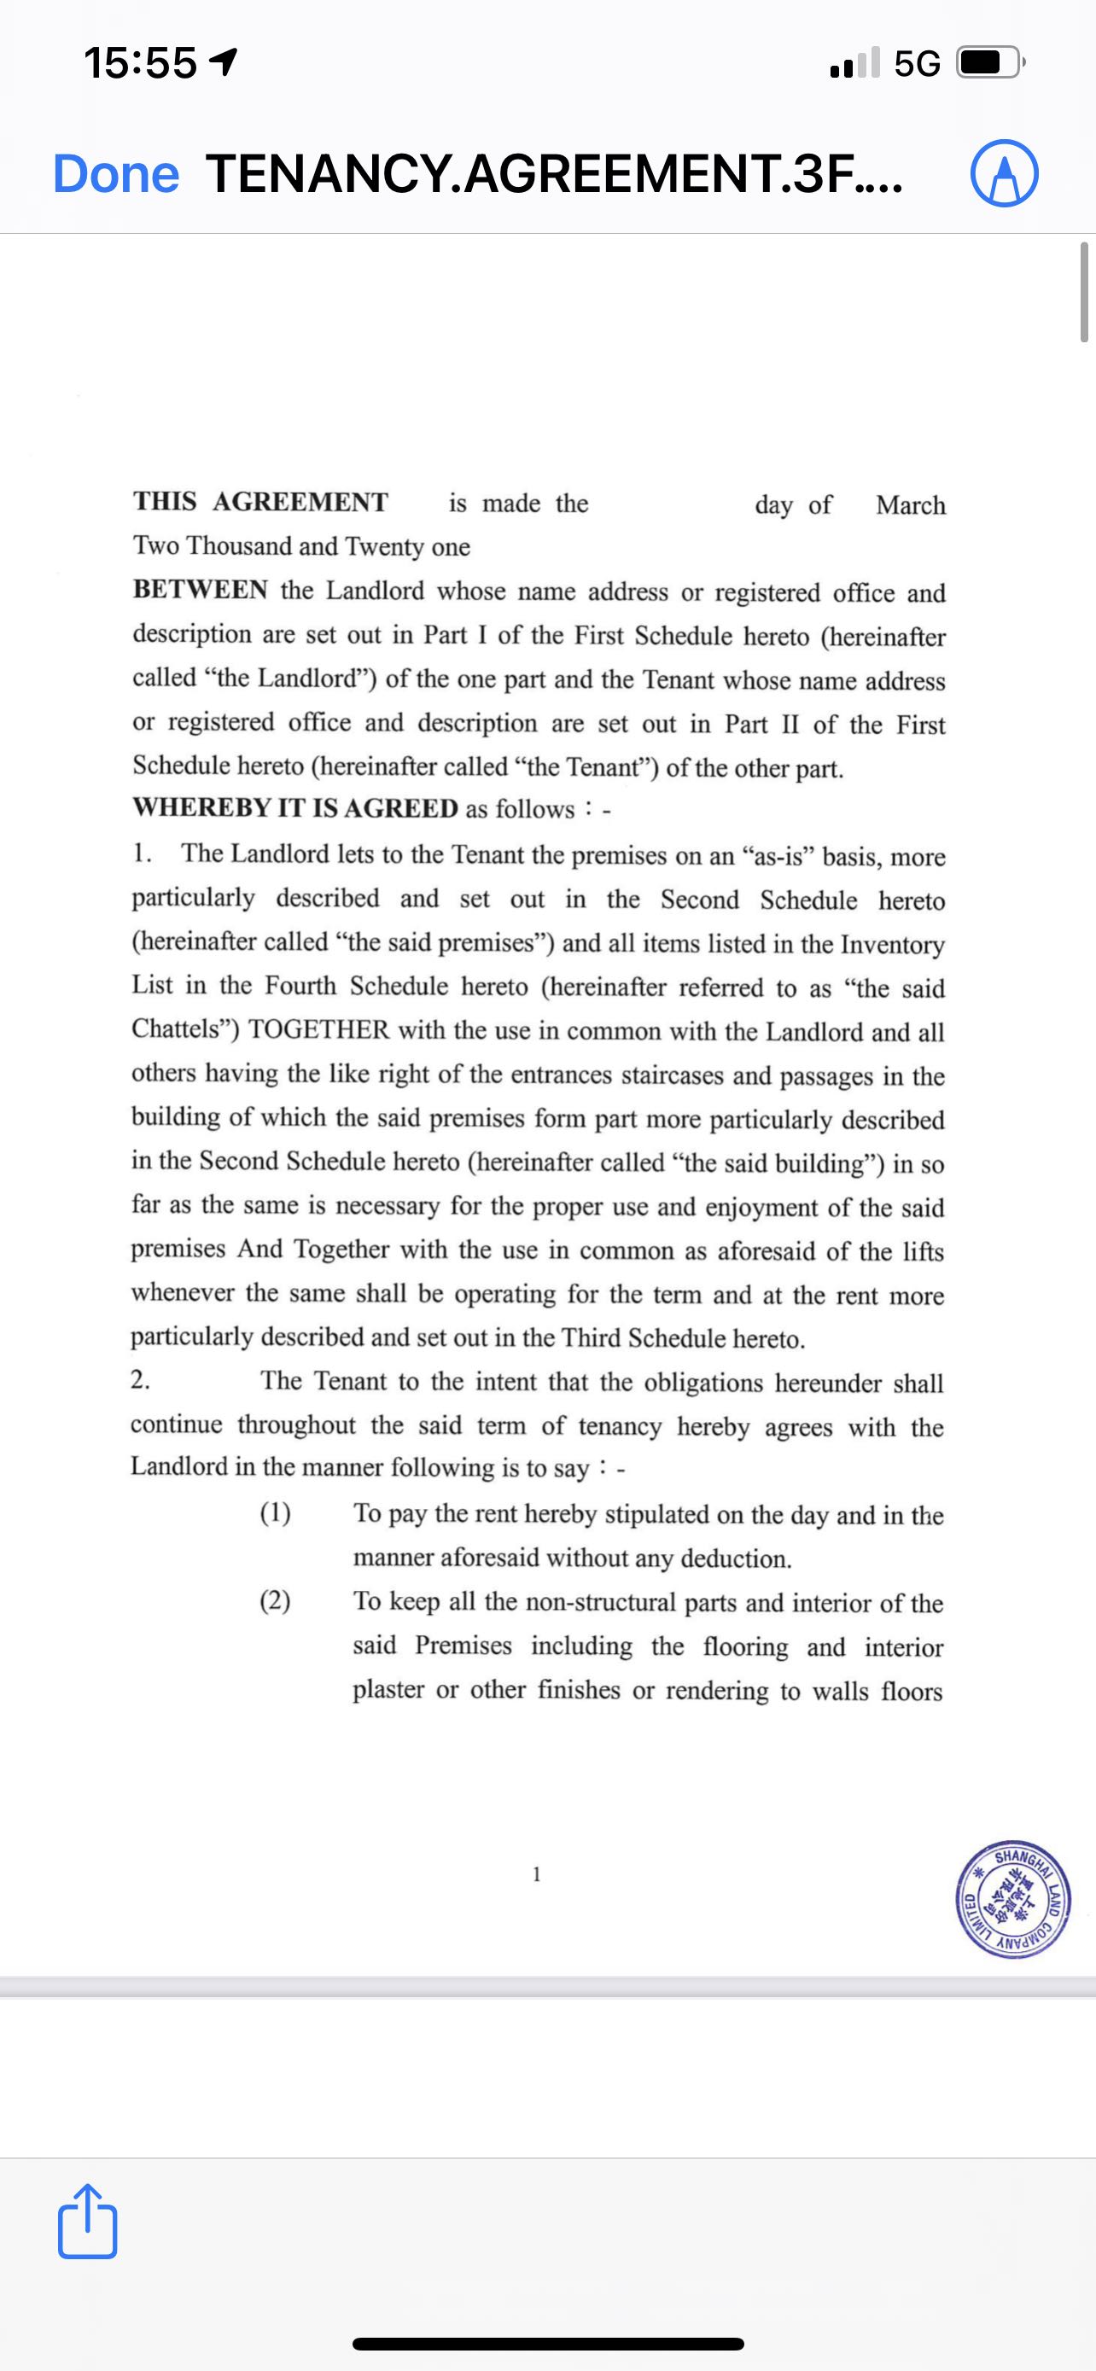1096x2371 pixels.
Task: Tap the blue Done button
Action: (x=116, y=174)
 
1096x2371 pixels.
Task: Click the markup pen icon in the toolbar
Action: (x=1004, y=174)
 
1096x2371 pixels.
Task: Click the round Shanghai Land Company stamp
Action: (x=1012, y=1902)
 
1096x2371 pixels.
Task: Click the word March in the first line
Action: (x=910, y=505)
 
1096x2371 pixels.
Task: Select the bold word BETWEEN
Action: (x=200, y=590)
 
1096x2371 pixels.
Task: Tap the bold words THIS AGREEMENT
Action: (x=260, y=502)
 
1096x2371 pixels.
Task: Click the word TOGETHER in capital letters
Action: (x=318, y=1030)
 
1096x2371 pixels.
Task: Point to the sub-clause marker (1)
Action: (x=275, y=1513)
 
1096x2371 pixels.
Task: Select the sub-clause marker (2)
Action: (x=275, y=1601)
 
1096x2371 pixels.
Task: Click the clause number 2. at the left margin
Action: (x=141, y=1380)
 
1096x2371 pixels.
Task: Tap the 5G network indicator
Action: (x=917, y=63)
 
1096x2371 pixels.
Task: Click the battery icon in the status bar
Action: (x=990, y=63)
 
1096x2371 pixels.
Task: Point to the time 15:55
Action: (x=140, y=63)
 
